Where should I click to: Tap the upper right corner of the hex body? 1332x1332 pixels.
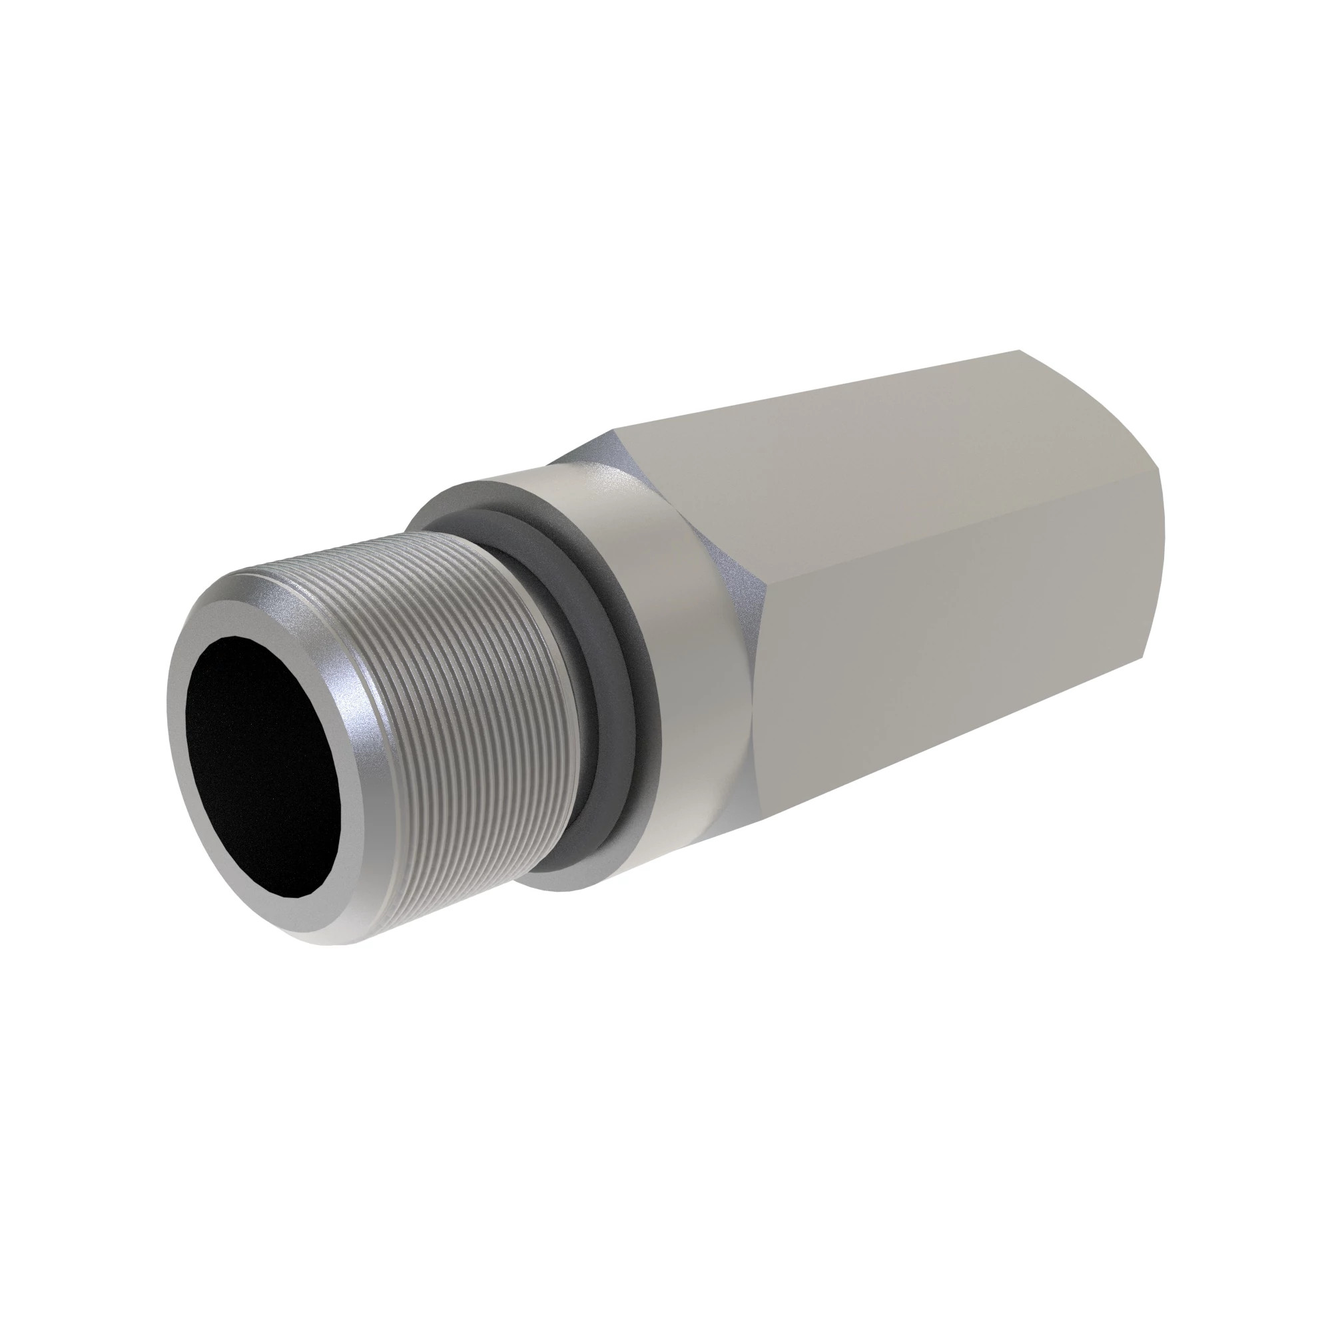point(1020,352)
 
